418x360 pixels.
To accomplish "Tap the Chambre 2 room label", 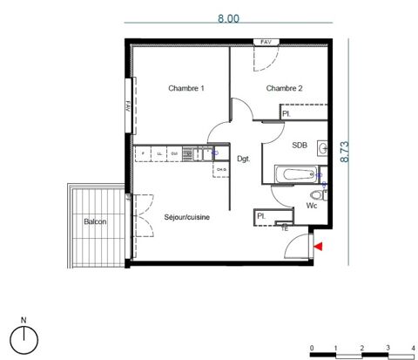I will pos(284,88).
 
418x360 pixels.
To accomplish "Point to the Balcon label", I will pos(95,222).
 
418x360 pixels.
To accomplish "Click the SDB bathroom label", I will pos(300,146).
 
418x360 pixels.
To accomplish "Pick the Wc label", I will pos(311,207).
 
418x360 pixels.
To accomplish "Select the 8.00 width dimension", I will pos(229,14).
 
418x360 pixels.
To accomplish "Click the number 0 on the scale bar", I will pos(311,347).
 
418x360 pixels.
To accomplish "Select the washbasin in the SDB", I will pos(322,147).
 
